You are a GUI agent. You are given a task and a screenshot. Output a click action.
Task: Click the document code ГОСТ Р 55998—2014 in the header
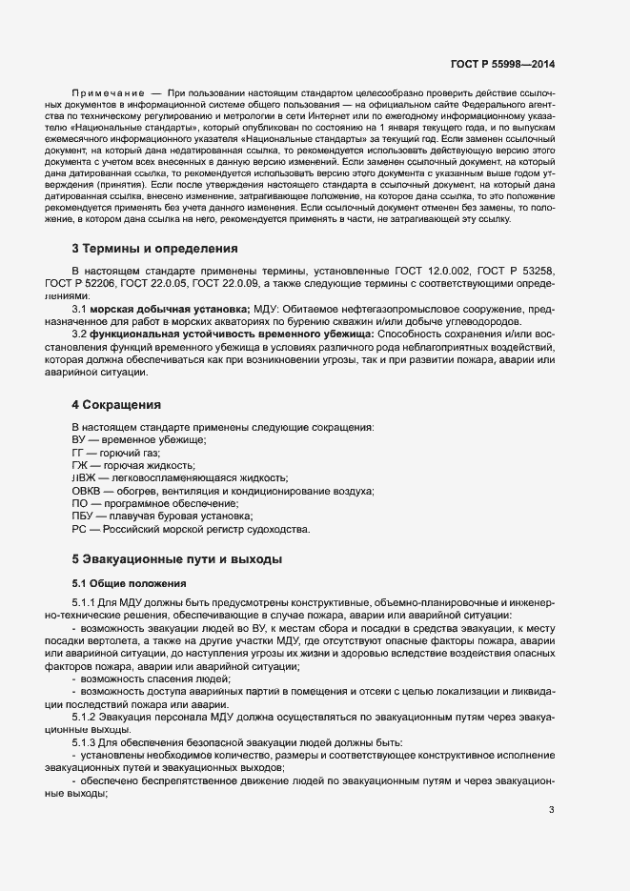501,64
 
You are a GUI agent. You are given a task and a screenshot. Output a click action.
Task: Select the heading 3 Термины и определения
154,249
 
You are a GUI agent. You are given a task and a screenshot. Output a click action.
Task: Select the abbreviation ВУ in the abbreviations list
79,438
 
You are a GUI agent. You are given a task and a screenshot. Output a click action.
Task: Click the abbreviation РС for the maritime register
79,529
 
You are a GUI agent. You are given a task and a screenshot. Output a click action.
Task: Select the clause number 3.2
79,335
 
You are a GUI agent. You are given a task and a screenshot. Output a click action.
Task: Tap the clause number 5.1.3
86,741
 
